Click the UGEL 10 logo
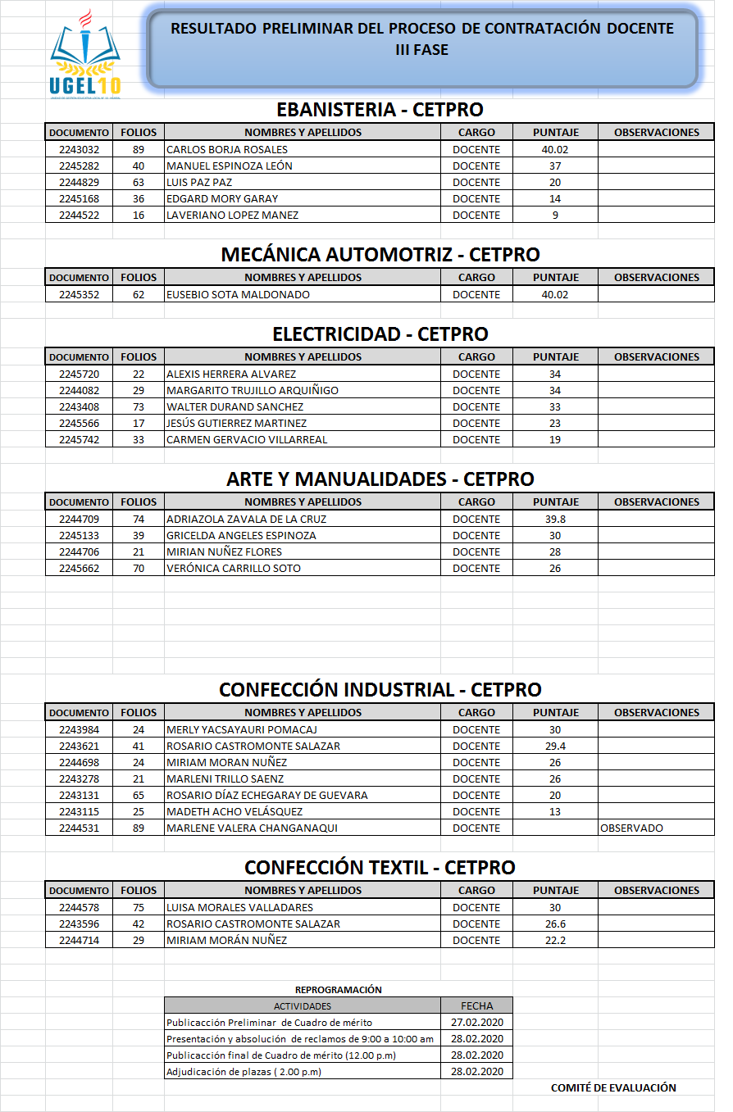tap(85, 56)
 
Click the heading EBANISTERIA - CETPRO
tap(380, 110)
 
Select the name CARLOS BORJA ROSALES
tap(227, 150)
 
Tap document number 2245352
tap(79, 295)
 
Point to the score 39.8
tap(555, 520)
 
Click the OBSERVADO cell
tap(631, 828)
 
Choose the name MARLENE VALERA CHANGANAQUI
tap(252, 828)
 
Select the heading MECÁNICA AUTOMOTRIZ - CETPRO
tap(380, 255)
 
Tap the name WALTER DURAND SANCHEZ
tap(234, 407)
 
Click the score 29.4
tap(555, 747)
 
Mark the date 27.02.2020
tap(476, 1023)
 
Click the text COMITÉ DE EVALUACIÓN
tap(613, 1088)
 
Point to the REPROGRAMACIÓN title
tap(338, 990)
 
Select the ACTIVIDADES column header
tap(302, 1005)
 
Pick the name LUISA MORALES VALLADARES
tap(239, 908)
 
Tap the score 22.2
tap(555, 941)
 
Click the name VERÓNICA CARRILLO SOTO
tap(233, 569)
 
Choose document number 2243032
tap(79, 150)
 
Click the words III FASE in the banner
tap(421, 50)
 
